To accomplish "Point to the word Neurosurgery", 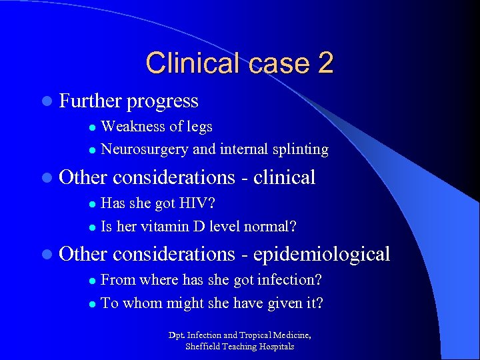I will (145, 149).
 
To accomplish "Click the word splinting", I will (303, 149).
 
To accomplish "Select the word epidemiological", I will (322, 254).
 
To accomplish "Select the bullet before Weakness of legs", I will (93, 127).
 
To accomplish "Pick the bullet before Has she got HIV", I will (93, 203).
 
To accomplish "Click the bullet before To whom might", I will (93, 303).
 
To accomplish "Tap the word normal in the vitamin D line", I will (268, 226).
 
